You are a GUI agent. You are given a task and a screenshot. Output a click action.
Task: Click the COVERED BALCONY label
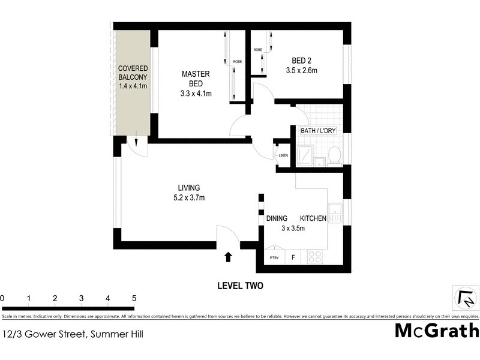(133, 77)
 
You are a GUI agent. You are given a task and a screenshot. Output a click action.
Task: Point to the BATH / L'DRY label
(317, 130)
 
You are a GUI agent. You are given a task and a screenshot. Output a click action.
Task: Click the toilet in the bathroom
(335, 155)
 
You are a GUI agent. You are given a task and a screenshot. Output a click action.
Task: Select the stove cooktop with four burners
(315, 257)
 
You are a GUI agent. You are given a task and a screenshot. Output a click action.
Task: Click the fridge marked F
(293, 257)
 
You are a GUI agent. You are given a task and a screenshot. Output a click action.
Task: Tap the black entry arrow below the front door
(228, 257)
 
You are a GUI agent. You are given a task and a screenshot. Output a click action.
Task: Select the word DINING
(277, 218)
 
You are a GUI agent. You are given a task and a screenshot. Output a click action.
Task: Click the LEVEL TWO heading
(240, 286)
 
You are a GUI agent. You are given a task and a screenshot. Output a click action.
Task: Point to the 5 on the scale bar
(134, 298)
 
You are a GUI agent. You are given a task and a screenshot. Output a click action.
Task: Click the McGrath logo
(436, 331)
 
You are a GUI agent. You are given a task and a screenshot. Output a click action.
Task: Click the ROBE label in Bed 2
(257, 50)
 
